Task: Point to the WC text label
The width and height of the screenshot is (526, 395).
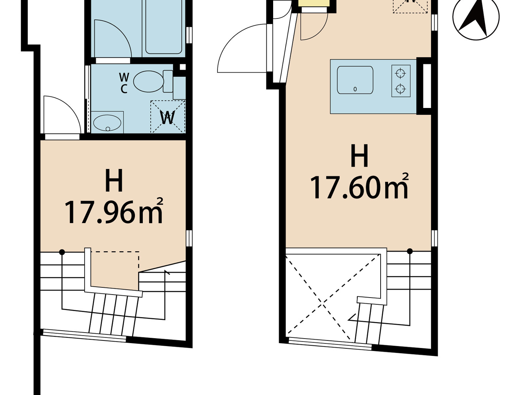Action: click(124, 83)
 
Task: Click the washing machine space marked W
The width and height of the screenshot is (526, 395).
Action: click(168, 117)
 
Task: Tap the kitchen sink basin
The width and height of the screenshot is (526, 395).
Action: click(355, 80)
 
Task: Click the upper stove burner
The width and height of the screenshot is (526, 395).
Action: click(401, 73)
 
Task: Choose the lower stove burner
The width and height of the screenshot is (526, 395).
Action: click(401, 89)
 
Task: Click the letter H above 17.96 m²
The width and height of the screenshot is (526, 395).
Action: click(114, 181)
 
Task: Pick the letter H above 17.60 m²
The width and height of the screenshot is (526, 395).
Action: click(359, 156)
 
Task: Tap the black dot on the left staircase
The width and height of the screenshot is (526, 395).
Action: click(62, 252)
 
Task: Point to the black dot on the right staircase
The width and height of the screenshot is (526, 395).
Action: click(410, 251)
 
